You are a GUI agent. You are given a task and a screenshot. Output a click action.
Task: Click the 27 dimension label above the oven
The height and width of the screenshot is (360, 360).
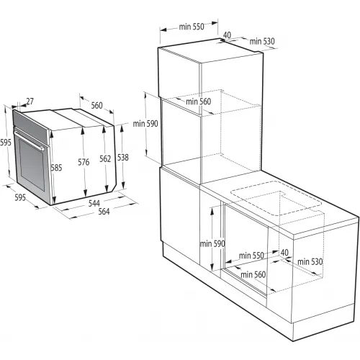point(30,102)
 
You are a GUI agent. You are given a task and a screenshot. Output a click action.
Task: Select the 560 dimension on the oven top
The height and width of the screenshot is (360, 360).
point(96,105)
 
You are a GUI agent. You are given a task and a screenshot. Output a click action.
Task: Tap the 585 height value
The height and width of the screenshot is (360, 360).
point(56,168)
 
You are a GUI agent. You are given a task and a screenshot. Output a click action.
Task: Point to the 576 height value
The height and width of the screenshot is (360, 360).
point(84,162)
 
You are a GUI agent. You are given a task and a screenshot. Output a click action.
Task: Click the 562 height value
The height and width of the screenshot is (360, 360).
point(105,158)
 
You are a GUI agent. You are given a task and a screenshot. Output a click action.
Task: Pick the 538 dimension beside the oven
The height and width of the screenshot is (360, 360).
point(123,158)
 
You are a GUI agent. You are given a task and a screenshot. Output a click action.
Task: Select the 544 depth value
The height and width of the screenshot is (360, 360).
point(94,203)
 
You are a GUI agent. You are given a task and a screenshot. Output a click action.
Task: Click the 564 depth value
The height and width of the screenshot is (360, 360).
point(104,212)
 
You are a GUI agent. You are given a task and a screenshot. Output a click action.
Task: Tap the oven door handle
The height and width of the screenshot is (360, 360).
point(29,140)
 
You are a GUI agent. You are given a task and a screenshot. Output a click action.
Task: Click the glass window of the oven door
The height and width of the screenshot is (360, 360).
point(32,165)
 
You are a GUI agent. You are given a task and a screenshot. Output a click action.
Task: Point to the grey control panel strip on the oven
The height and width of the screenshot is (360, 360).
point(30,125)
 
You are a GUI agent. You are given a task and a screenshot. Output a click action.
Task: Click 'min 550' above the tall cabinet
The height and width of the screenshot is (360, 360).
point(192,27)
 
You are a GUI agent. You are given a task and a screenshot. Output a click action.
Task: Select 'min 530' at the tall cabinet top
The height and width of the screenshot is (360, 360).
point(262,41)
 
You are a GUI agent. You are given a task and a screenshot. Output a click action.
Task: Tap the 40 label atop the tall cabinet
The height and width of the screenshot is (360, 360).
point(227,35)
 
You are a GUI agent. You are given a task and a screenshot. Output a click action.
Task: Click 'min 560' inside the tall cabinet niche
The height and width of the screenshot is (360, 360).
point(199,102)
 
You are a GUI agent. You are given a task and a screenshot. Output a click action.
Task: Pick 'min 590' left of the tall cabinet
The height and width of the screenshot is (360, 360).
point(145,124)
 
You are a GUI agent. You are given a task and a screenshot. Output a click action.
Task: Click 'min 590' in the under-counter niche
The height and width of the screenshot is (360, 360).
point(212,244)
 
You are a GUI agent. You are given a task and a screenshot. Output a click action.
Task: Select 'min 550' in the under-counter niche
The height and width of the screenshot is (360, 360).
point(251,256)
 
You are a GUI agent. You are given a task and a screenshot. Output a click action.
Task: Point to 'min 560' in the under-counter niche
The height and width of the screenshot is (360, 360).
point(253,274)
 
